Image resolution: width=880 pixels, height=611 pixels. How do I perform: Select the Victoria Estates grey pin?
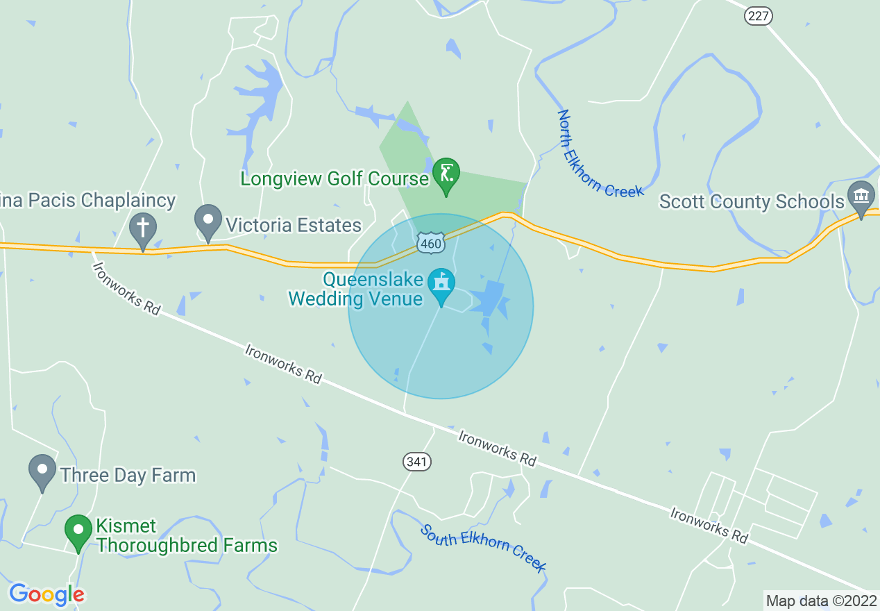pos(208,221)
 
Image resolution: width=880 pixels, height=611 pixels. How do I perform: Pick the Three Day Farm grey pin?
pos(42,471)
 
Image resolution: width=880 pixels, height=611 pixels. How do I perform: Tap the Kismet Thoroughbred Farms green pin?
pos(78,531)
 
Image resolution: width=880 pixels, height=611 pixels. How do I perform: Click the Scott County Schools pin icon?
pos(861,196)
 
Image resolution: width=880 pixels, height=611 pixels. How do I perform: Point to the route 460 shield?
pos(430,243)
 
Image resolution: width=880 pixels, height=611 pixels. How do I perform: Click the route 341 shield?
pos(417,461)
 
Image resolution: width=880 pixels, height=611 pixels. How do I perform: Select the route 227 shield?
pos(759,17)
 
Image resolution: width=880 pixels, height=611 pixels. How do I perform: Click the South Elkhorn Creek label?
pos(484,548)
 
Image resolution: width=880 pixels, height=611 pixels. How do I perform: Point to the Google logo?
pos(46,594)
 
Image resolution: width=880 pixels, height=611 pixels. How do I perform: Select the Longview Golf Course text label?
pos(335,178)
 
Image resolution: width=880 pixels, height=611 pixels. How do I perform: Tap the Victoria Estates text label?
pos(294,225)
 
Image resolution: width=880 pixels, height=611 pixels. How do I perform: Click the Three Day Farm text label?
pos(128,475)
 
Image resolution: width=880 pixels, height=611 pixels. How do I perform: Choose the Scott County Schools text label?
pos(752,201)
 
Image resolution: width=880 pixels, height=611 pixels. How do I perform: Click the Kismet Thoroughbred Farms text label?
pos(187,536)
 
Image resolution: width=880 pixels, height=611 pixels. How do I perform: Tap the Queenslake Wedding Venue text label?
pos(364,290)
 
